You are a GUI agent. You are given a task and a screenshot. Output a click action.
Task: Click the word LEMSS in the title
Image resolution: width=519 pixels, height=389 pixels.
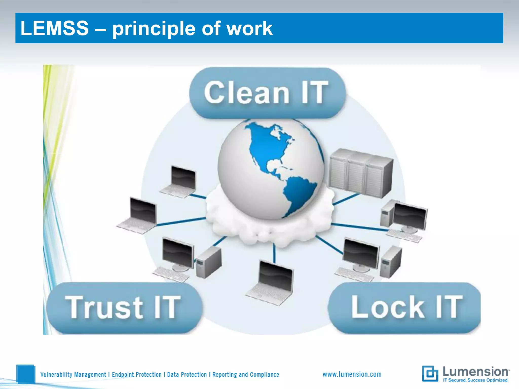pos(54,28)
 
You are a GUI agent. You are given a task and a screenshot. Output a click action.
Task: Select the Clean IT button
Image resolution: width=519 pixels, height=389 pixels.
pos(267,93)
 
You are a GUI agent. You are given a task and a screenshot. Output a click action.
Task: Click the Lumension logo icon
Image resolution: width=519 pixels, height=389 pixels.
pos(430,374)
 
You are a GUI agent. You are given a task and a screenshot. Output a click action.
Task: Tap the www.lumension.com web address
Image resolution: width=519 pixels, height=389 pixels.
pos(352,374)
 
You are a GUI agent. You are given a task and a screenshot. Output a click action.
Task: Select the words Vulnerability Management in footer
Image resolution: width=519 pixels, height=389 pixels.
pos(73,375)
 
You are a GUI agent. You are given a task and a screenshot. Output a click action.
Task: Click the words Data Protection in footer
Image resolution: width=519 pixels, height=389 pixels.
pos(187,375)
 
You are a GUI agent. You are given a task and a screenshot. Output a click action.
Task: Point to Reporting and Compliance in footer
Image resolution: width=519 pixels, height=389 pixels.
pos(246,375)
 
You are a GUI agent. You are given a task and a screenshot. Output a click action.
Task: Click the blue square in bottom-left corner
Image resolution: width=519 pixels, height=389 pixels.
pos(25,374)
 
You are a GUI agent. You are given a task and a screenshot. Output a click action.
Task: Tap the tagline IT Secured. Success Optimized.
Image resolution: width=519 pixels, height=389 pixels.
pos(475,380)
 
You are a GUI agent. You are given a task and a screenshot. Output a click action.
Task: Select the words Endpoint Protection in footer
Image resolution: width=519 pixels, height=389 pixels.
pos(137,375)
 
